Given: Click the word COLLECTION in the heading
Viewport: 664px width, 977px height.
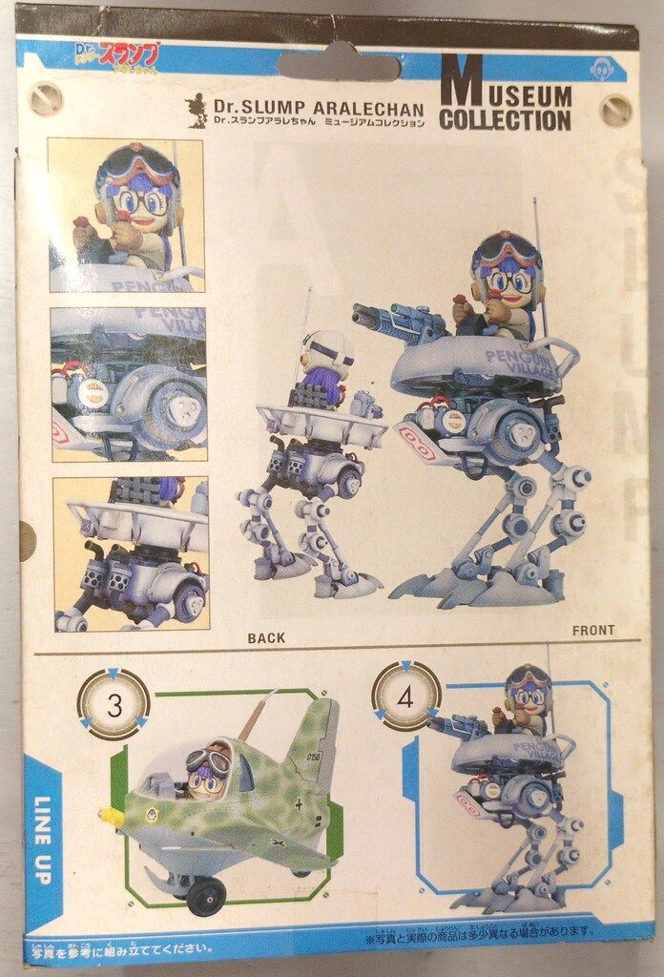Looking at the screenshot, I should point(505,121).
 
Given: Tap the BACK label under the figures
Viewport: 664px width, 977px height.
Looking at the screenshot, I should point(265,638).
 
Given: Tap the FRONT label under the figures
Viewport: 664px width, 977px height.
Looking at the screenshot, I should point(593,631).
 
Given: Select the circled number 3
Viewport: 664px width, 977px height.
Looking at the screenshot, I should point(114,706).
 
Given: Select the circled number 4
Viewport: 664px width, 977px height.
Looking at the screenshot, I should point(405,696).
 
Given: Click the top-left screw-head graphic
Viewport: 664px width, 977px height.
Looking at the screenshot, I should point(45,98).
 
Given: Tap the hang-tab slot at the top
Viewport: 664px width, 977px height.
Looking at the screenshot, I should point(339,65).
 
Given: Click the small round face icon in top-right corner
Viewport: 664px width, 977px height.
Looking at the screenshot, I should point(601,70).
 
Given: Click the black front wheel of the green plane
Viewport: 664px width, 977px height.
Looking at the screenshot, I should point(206,898).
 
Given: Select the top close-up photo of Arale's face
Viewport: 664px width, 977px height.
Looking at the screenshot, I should point(126,215).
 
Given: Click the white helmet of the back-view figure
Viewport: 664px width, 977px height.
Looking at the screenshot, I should point(326,354).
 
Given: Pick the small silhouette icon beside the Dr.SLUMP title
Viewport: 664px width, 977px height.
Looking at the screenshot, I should point(197,111).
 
